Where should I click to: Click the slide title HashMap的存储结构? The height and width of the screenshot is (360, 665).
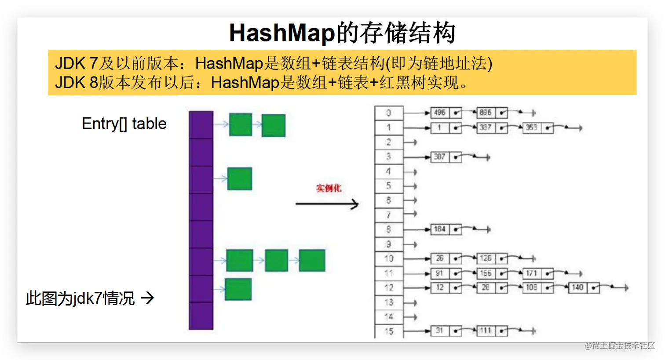click(x=342, y=33)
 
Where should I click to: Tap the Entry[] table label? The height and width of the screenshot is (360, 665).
click(x=124, y=124)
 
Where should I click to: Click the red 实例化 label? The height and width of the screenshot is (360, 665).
click(x=329, y=188)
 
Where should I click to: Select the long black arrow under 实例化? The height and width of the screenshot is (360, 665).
click(x=327, y=204)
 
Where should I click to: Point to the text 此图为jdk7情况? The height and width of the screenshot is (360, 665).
click(x=80, y=298)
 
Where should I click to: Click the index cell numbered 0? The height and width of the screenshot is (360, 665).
click(x=388, y=113)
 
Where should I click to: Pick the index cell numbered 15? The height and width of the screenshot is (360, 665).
click(x=388, y=331)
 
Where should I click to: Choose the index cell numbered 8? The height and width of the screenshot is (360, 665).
click(x=388, y=229)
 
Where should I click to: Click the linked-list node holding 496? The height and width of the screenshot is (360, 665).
click(x=440, y=113)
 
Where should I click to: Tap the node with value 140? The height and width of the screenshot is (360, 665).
click(x=577, y=287)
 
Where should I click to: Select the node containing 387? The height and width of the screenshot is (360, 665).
click(x=440, y=156)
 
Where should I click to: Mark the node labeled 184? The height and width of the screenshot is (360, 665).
click(x=440, y=229)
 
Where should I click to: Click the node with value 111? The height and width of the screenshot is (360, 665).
click(x=486, y=331)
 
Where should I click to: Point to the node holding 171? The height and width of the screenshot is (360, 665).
click(x=531, y=273)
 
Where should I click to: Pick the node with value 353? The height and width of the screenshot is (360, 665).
click(x=531, y=127)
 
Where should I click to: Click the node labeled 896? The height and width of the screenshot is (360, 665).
click(x=486, y=113)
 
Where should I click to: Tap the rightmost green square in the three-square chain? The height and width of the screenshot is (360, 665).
click(x=312, y=260)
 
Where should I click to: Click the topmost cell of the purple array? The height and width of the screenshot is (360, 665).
click(x=201, y=125)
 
